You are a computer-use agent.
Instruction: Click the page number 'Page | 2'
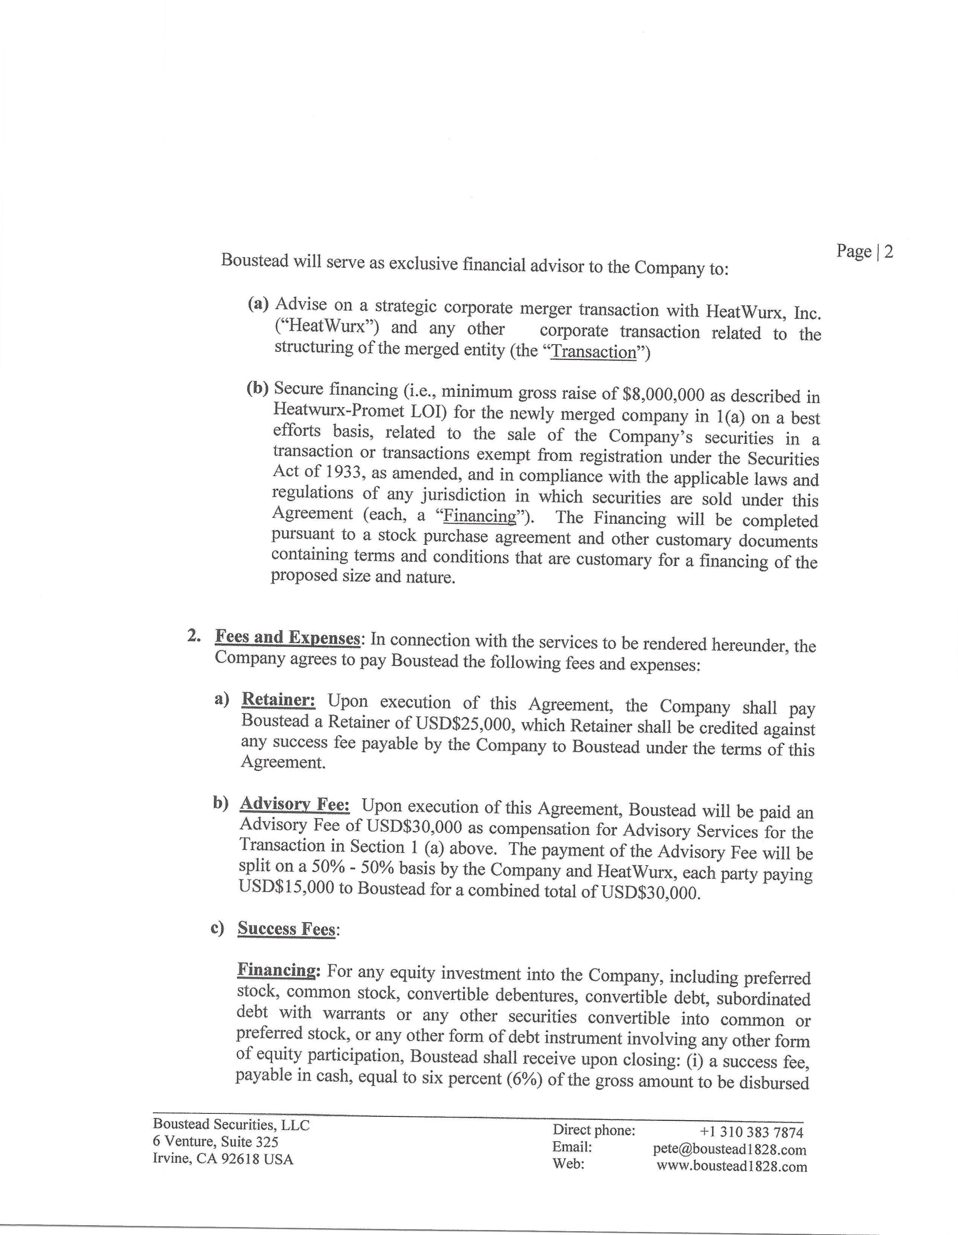[x=864, y=252]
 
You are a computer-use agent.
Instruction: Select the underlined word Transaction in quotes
[x=593, y=352]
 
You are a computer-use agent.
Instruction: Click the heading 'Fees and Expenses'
[x=287, y=638]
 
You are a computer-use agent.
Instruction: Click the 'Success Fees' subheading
[x=286, y=929]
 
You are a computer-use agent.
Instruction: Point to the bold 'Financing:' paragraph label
[x=278, y=970]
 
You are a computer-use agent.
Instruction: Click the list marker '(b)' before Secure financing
[x=257, y=389]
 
